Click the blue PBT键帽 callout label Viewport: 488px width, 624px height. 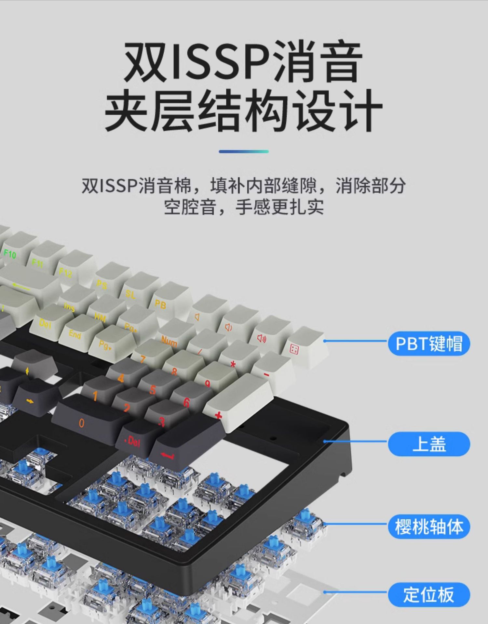(x=429, y=344)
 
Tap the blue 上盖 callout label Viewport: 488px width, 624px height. (x=429, y=444)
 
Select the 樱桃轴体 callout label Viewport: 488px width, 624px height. (x=429, y=526)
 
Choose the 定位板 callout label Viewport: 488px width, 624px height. (x=429, y=595)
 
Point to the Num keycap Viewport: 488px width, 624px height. (x=172, y=338)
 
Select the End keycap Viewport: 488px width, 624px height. (x=78, y=331)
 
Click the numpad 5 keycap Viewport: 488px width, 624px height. (x=156, y=387)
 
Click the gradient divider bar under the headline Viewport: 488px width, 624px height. (x=244, y=151)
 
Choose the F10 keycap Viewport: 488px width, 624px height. (x=15, y=250)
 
